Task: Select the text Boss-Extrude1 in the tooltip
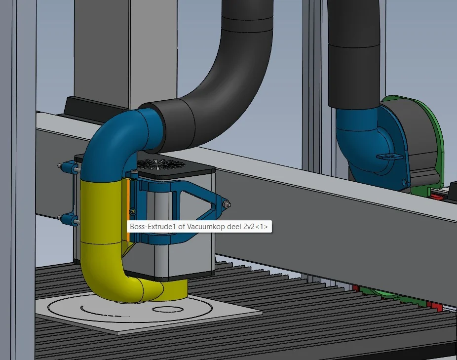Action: pos(153,227)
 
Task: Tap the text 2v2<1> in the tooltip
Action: pos(256,227)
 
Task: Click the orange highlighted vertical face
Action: pos(128,209)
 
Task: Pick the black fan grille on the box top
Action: pos(158,164)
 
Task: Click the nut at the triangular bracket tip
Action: pos(227,204)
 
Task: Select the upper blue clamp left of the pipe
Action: pos(69,167)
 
